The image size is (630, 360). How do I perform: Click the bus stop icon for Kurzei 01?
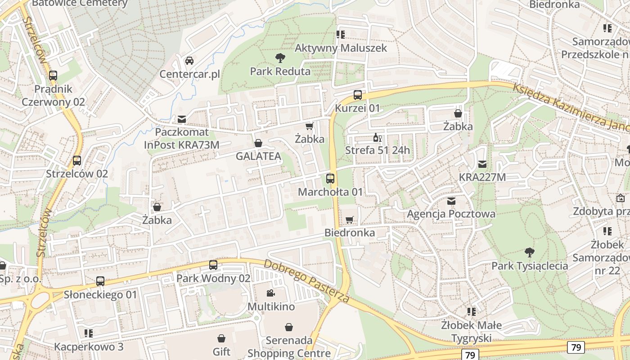[x=358, y=95]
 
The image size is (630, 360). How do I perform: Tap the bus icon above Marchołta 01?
[x=330, y=179]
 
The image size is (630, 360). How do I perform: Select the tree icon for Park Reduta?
[x=280, y=58]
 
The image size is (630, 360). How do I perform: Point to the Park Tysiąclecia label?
[x=529, y=265]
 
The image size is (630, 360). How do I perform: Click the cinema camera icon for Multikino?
[x=271, y=293]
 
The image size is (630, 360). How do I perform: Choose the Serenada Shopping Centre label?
[x=289, y=346]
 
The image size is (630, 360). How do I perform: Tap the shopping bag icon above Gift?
[x=221, y=338]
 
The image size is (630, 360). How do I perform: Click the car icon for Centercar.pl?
[x=189, y=61]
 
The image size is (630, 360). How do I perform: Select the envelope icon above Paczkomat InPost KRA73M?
[x=182, y=119]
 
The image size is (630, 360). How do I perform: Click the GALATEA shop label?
[x=258, y=156]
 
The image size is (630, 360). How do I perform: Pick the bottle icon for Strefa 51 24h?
[x=377, y=137]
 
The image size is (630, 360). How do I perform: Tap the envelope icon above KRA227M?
[x=482, y=164]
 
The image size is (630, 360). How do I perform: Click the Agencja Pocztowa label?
[x=451, y=214]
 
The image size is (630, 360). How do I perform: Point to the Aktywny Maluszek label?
[x=341, y=48]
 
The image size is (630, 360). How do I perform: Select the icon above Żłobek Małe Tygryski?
[x=471, y=311]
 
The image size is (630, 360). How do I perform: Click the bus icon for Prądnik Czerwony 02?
[x=53, y=76]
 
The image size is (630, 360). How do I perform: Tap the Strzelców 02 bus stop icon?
[x=77, y=161]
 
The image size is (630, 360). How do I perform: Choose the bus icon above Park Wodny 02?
[x=213, y=265]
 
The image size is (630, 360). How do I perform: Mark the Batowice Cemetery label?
[x=80, y=4]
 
